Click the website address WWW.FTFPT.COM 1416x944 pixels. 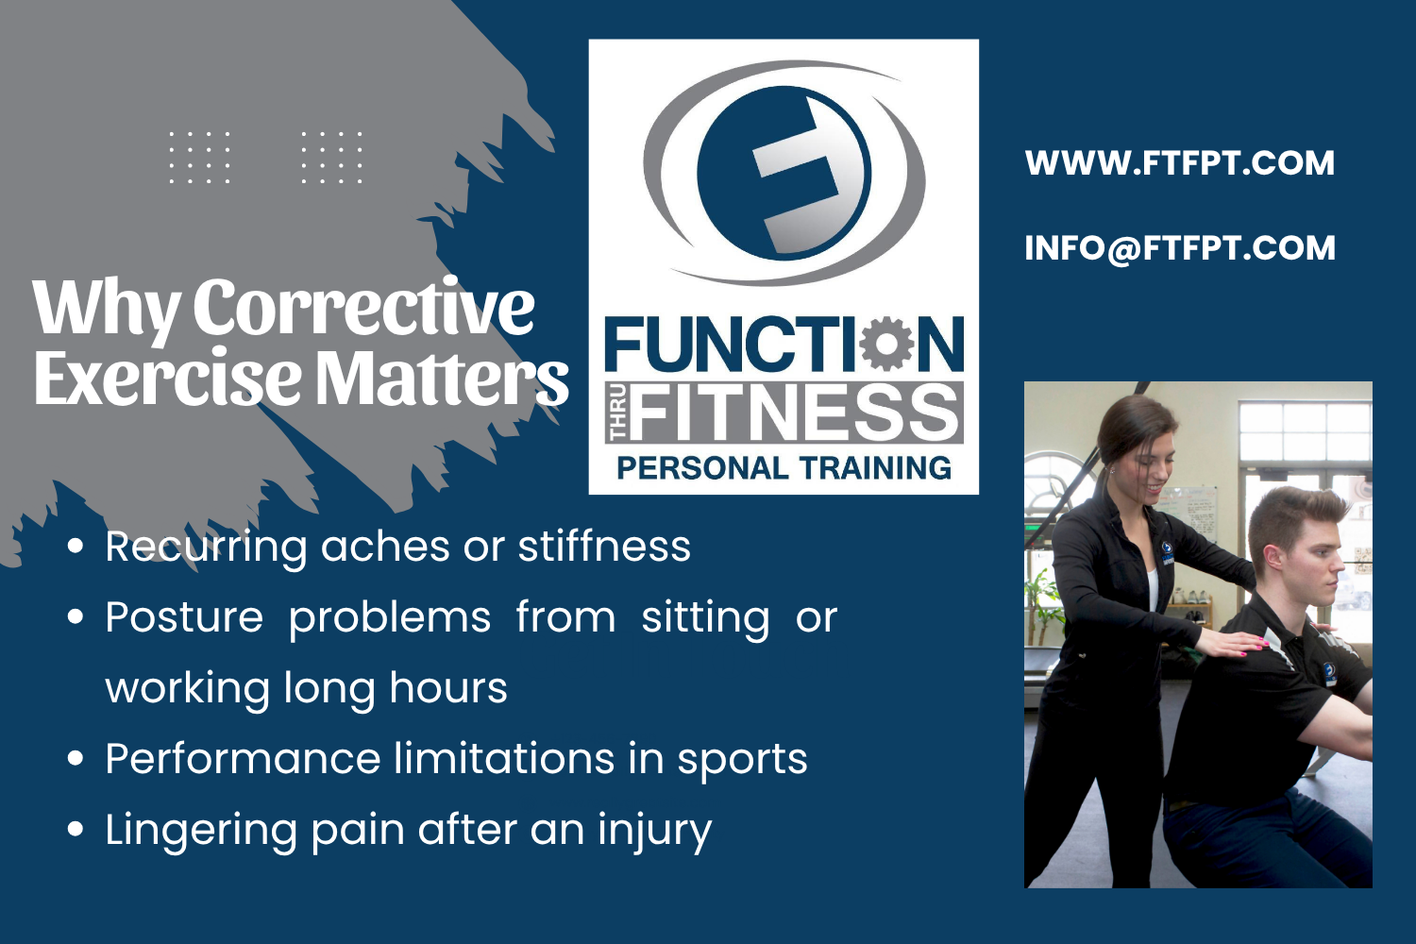(1179, 163)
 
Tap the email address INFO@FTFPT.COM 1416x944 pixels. (1179, 248)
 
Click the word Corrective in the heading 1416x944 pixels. (363, 308)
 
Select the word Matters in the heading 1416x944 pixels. (442, 379)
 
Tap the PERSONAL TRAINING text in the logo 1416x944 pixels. (784, 468)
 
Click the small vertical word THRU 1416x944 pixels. (618, 413)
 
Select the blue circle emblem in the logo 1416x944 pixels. (784, 172)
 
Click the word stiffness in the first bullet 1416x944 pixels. (604, 547)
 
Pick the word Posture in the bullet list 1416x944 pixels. (184, 617)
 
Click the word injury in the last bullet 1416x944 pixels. (654, 831)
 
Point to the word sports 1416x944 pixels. (742, 759)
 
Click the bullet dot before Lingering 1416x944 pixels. (76, 830)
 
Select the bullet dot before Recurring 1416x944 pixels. (76, 546)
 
